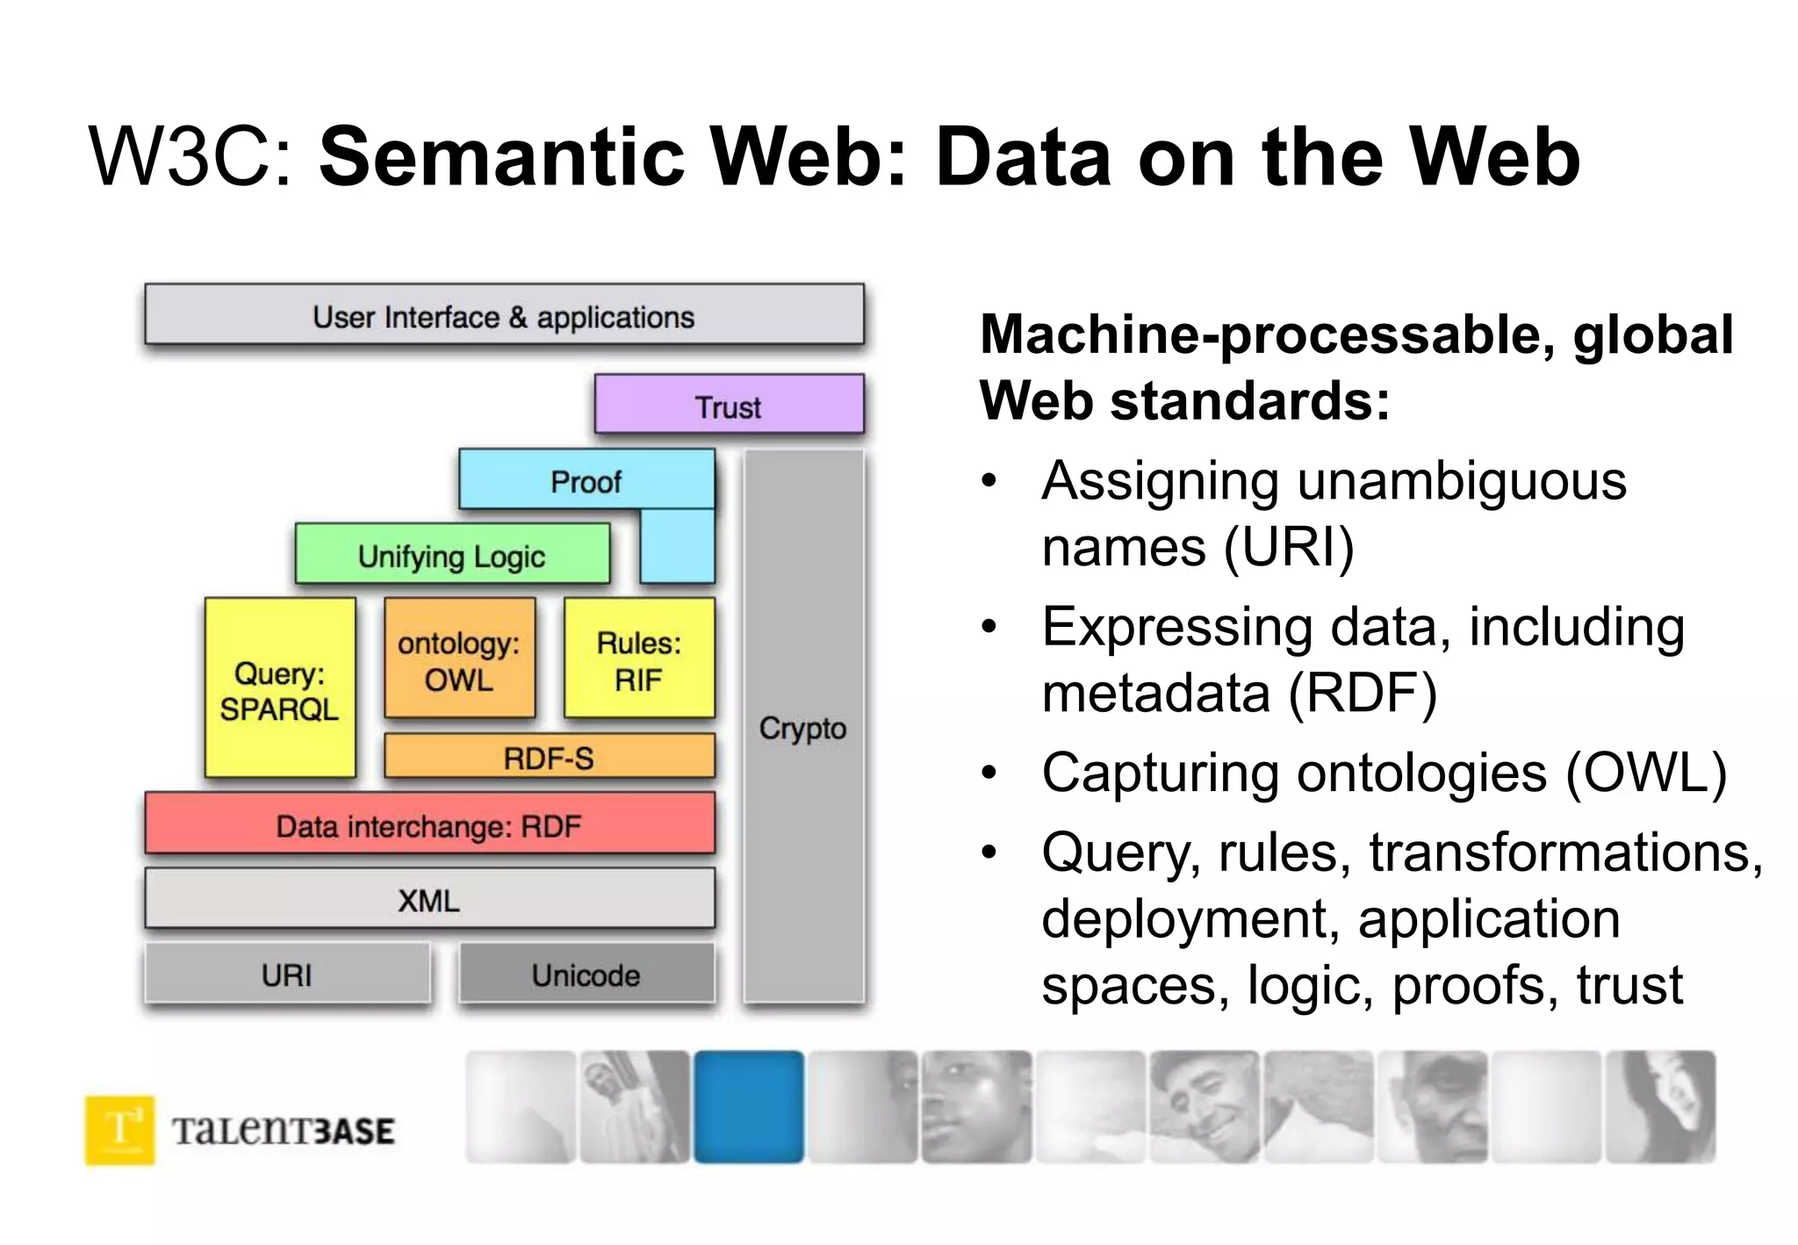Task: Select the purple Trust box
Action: [x=729, y=405]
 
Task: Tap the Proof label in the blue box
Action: [x=586, y=482]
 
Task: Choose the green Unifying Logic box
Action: [x=452, y=555]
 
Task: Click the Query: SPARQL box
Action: [x=280, y=689]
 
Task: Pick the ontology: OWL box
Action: [x=459, y=660]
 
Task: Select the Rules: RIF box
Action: [x=639, y=660]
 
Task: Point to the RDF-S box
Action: [x=549, y=757]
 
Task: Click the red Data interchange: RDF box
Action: [x=429, y=824]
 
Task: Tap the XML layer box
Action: [x=429, y=899]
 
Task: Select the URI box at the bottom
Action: [x=287, y=974]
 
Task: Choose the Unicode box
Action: [x=586, y=974]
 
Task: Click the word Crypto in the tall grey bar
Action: [x=802, y=728]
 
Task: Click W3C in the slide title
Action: [x=190, y=158]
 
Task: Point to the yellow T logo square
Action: [x=120, y=1129]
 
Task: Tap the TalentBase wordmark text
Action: [x=284, y=1131]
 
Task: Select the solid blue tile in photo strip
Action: [x=749, y=1106]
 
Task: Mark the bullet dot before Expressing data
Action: [x=989, y=627]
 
